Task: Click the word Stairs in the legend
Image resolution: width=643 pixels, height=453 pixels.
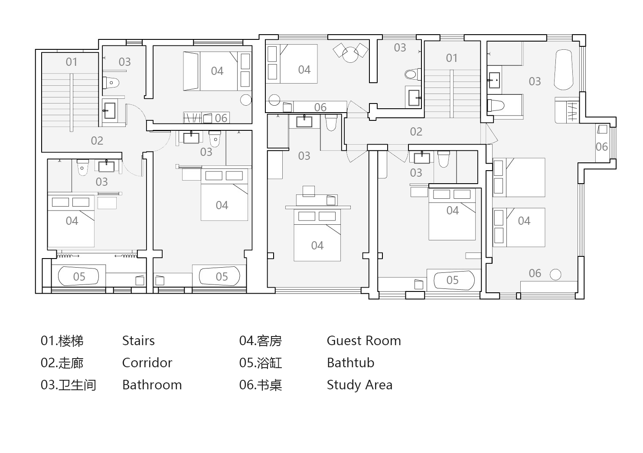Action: pyautogui.click(x=138, y=340)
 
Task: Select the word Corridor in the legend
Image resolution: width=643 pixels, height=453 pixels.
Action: pyautogui.click(x=147, y=362)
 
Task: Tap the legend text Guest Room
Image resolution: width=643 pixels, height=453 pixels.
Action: pyautogui.click(x=364, y=340)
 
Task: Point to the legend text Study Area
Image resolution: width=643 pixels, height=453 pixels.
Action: pyautogui.click(x=359, y=385)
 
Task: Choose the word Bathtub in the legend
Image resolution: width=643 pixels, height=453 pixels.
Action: pyautogui.click(x=350, y=362)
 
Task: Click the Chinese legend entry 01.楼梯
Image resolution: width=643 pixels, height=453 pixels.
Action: pyautogui.click(x=62, y=340)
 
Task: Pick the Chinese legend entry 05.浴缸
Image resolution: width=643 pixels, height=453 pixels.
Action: pyautogui.click(x=261, y=362)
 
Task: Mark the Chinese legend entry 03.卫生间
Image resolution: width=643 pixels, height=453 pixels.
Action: pyautogui.click(x=69, y=385)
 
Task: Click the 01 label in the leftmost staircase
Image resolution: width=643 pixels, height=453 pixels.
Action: pyautogui.click(x=72, y=62)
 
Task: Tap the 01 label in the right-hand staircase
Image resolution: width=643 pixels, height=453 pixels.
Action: pyautogui.click(x=451, y=58)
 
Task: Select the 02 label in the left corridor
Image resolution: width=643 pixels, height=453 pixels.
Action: pyautogui.click(x=97, y=141)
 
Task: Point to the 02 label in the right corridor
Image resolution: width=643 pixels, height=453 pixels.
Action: pyautogui.click(x=416, y=132)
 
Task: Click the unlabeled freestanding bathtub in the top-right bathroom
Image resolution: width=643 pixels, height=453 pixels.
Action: pyautogui.click(x=564, y=70)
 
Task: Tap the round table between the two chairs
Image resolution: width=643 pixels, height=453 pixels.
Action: pyautogui.click(x=350, y=55)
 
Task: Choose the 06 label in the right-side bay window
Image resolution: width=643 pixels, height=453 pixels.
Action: pyautogui.click(x=602, y=147)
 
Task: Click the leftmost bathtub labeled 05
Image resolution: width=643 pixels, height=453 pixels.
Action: pyautogui.click(x=78, y=276)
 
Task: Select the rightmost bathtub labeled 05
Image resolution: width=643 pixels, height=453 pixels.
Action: pyautogui.click(x=454, y=280)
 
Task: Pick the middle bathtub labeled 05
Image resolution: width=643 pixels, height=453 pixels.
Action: pyautogui.click(x=219, y=276)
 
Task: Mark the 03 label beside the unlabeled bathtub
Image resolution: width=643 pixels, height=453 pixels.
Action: pyautogui.click(x=535, y=81)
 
